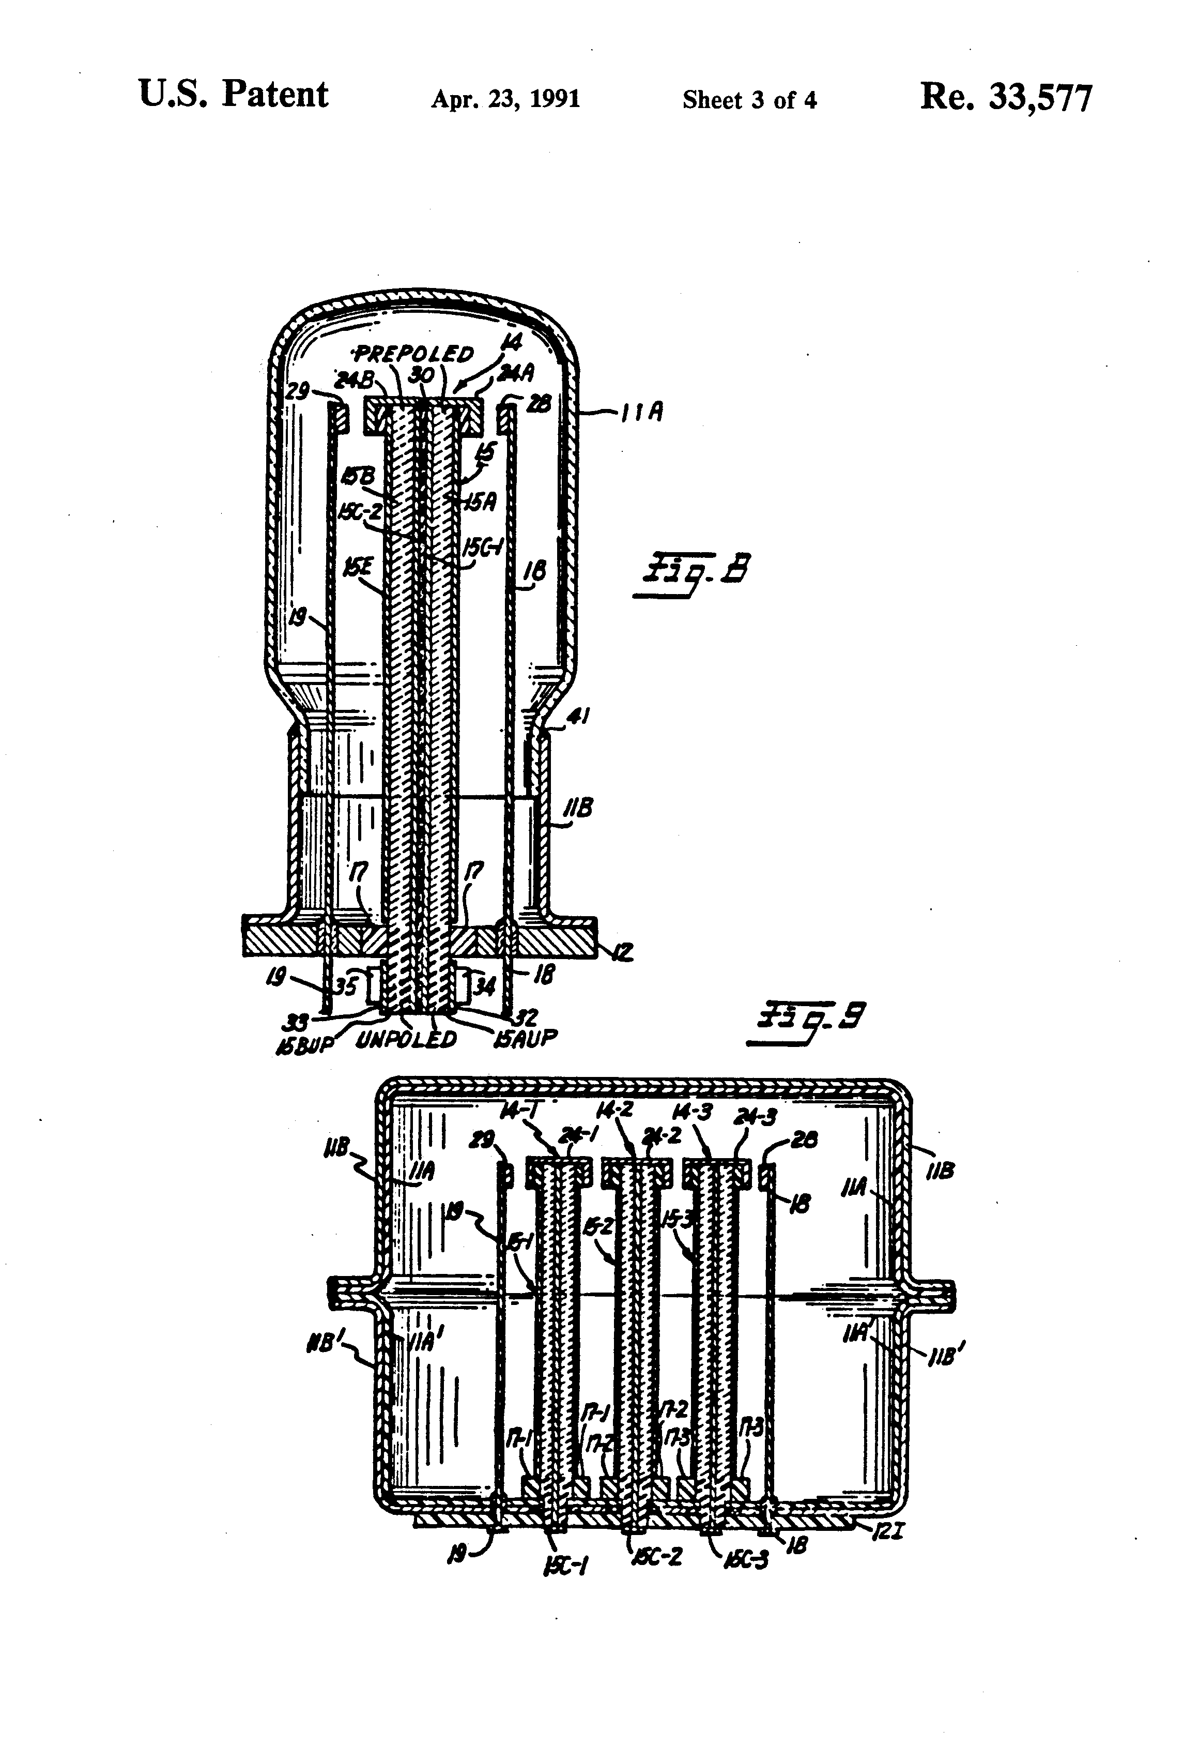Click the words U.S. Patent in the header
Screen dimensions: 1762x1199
pos(234,96)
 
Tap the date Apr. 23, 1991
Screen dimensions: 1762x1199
pos(505,99)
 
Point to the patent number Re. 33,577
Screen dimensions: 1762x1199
pos(1006,98)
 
